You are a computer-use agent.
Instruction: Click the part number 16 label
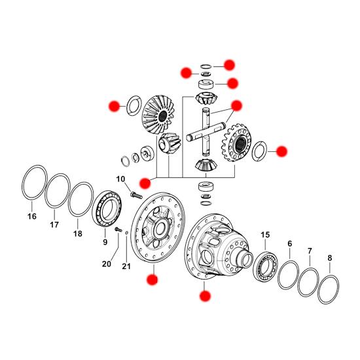32,216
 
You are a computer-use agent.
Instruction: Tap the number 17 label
54,225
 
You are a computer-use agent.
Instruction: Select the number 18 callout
78,234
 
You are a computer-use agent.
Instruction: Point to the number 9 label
105,242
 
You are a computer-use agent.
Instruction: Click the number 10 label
120,179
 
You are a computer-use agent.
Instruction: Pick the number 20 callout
107,264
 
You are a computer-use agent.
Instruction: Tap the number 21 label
126,266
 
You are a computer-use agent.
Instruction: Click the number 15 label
265,235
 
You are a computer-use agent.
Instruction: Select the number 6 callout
290,243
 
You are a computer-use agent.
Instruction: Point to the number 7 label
310,251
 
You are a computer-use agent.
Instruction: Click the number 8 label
330,258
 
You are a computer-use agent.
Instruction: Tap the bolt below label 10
136,196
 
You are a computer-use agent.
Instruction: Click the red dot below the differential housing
205,296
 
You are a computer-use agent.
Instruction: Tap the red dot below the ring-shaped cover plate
152,279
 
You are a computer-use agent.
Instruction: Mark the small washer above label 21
126,233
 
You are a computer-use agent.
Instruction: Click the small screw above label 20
118,229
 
